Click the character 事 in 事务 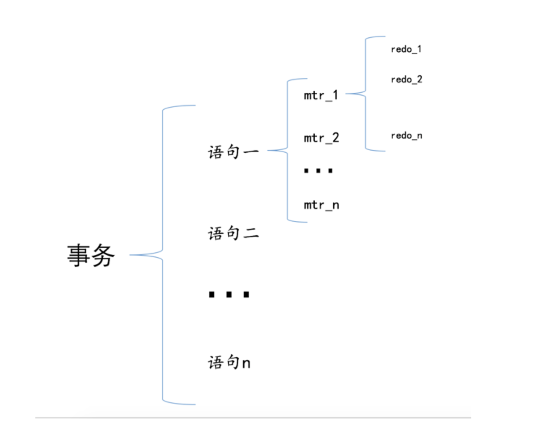[79, 256]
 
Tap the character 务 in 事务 [103, 256]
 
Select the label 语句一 [233, 152]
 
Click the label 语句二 [233, 233]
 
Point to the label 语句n [229, 362]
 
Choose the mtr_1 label [321, 96]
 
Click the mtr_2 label [321, 138]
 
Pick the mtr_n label [321, 205]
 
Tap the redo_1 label [406, 49]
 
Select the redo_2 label [406, 79]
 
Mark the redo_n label [406, 136]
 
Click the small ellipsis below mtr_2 [318, 171]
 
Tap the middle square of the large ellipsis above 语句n [229, 294]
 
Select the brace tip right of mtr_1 [347, 94]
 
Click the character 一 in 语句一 [251, 152]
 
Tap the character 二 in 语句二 [251, 233]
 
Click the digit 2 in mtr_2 [335, 138]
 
